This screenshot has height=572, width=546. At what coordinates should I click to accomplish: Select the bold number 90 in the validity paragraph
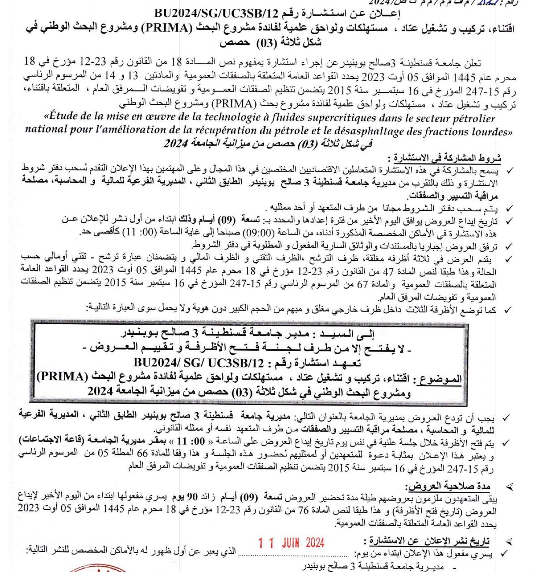click(192, 497)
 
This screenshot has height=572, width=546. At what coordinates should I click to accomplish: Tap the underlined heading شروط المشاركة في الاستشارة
click(446, 158)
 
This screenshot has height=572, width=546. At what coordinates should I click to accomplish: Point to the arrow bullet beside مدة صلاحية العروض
click(509, 487)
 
